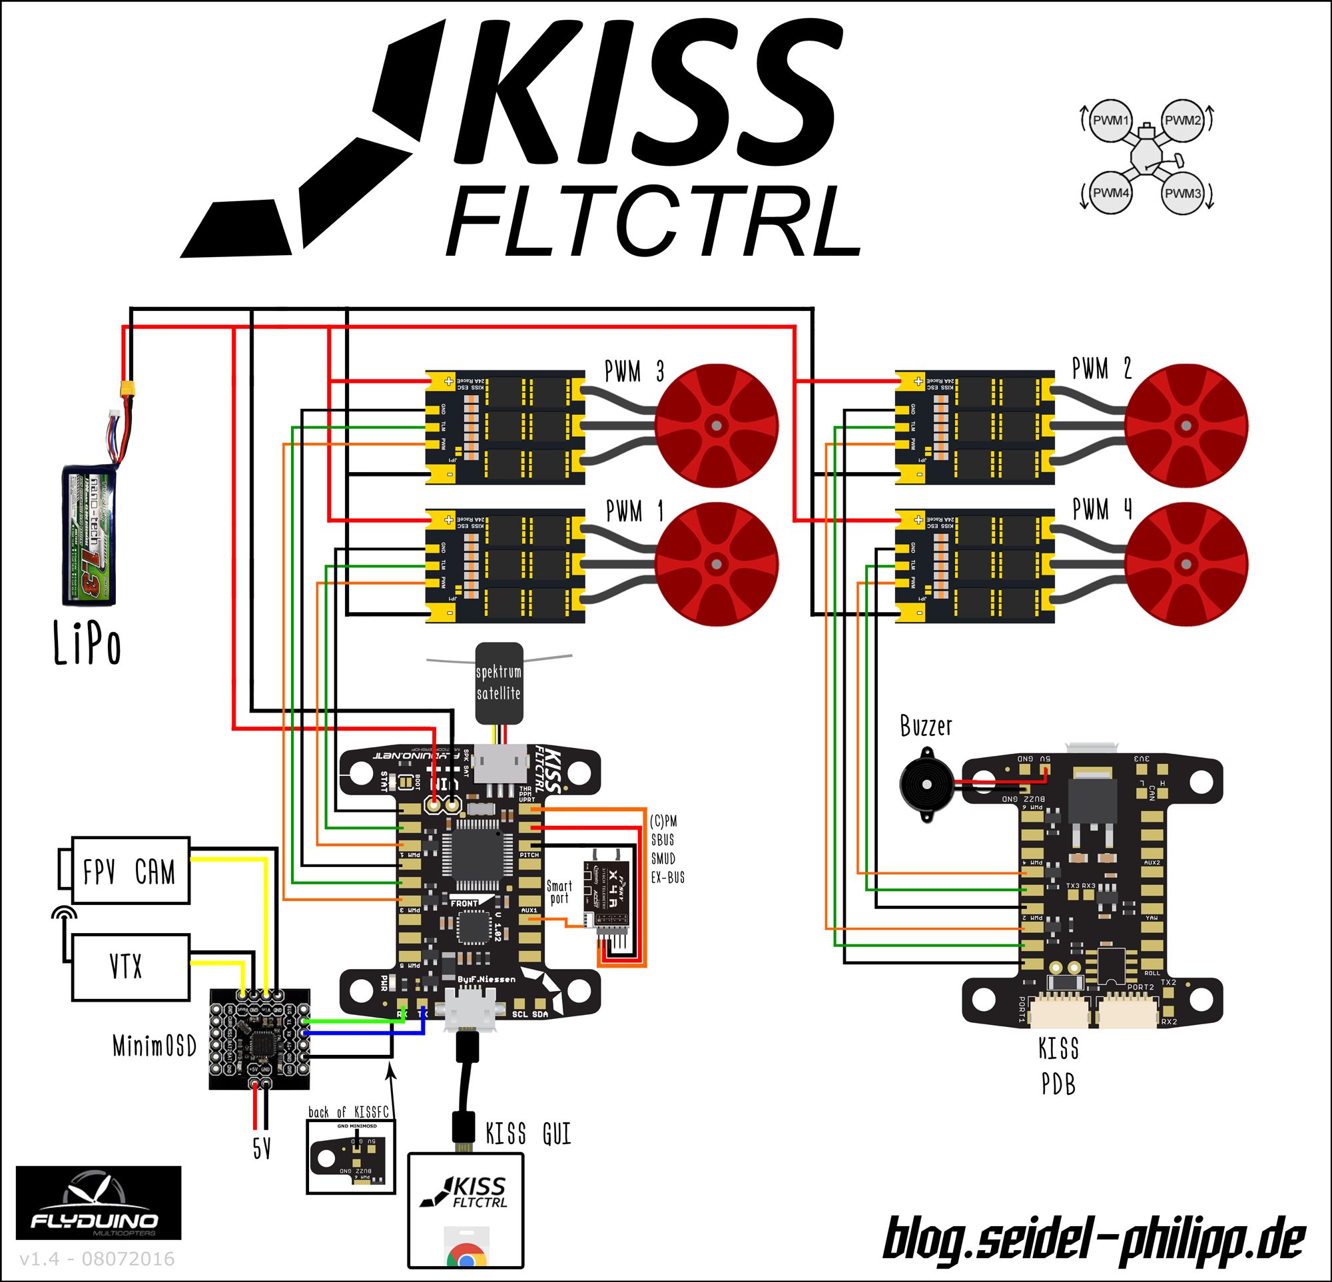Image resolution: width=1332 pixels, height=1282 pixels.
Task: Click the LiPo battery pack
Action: pyautogui.click(x=89, y=534)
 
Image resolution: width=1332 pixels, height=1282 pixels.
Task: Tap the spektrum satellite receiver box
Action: pyautogui.click(x=499, y=683)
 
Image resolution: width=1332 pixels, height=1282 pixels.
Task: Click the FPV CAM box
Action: pyautogui.click(x=130, y=871)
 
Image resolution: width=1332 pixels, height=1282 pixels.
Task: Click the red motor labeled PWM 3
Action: pyautogui.click(x=715, y=426)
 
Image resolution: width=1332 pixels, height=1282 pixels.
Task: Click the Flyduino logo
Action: pyautogui.click(x=98, y=1203)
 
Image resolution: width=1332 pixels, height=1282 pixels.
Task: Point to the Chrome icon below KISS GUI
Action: pyautogui.click(x=466, y=1257)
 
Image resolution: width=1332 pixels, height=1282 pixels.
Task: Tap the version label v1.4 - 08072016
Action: pyautogui.click(x=97, y=1259)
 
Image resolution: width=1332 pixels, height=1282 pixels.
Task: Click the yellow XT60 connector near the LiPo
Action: pyautogui.click(x=127, y=390)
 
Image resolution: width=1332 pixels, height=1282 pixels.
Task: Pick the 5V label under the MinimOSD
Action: pyautogui.click(x=262, y=1149)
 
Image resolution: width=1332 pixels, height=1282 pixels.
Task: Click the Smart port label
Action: pyautogui.click(x=559, y=892)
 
